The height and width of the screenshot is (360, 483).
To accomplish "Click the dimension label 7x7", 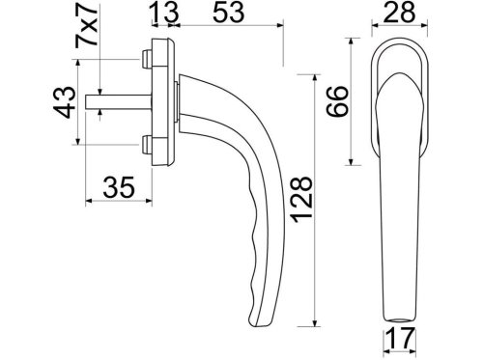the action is click(x=86, y=26).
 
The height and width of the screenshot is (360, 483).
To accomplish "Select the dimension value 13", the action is click(x=164, y=13).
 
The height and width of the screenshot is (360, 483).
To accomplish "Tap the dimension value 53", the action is click(x=229, y=13).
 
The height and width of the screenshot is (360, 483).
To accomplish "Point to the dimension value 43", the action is click(x=65, y=102).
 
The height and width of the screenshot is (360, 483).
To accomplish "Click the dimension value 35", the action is click(x=119, y=187).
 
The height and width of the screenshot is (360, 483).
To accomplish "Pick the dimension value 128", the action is click(x=301, y=200).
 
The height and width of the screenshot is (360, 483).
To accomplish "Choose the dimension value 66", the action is click(x=337, y=101).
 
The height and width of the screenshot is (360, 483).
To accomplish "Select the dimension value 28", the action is click(x=399, y=13).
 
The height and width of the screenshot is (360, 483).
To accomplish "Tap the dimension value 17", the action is click(x=400, y=339).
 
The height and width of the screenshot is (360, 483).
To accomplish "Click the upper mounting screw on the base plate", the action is click(x=147, y=59).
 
